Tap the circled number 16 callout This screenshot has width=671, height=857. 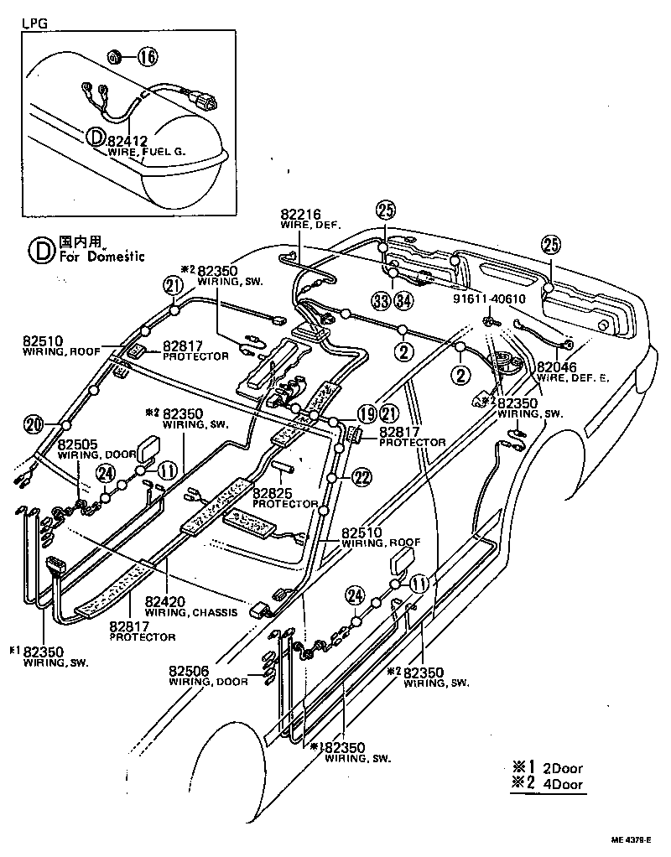point(147,58)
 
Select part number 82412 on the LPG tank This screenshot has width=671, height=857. point(129,142)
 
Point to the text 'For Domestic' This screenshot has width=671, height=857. point(102,256)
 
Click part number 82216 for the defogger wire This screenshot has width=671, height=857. point(300,216)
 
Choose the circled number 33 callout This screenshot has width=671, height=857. point(381,301)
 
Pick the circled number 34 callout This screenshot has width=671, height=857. point(404,301)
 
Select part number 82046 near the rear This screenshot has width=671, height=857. point(557,366)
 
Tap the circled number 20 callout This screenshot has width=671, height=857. point(34,424)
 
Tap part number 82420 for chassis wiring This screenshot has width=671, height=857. point(164,601)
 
